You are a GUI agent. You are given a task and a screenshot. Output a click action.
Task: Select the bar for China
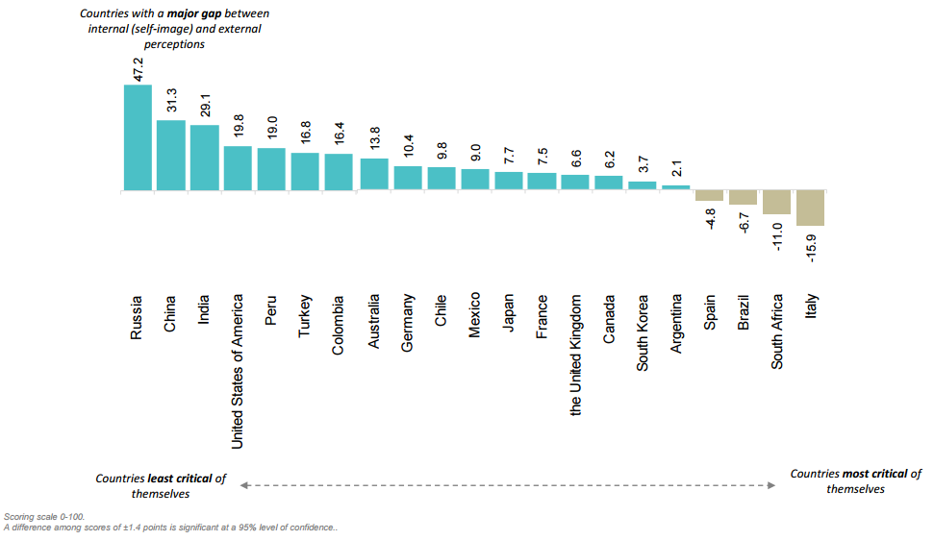(171, 156)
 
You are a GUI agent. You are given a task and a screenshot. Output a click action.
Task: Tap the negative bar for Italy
(810, 208)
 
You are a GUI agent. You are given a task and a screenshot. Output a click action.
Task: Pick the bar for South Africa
(776, 203)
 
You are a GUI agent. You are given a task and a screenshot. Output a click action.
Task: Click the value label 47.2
(138, 69)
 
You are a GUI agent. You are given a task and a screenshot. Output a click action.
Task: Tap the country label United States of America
(238, 370)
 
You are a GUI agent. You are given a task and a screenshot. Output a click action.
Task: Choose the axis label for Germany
(407, 324)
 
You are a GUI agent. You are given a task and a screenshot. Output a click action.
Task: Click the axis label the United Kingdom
(575, 355)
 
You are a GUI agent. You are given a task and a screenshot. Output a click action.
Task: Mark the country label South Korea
(643, 332)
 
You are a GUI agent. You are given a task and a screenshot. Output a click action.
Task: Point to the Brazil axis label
(744, 312)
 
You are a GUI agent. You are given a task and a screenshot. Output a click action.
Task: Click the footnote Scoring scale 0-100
(44, 517)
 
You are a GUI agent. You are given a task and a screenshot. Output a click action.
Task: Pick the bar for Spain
(710, 196)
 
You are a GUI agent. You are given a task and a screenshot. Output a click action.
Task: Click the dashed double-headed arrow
(507, 485)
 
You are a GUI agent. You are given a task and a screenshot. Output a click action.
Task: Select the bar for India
(204, 158)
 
